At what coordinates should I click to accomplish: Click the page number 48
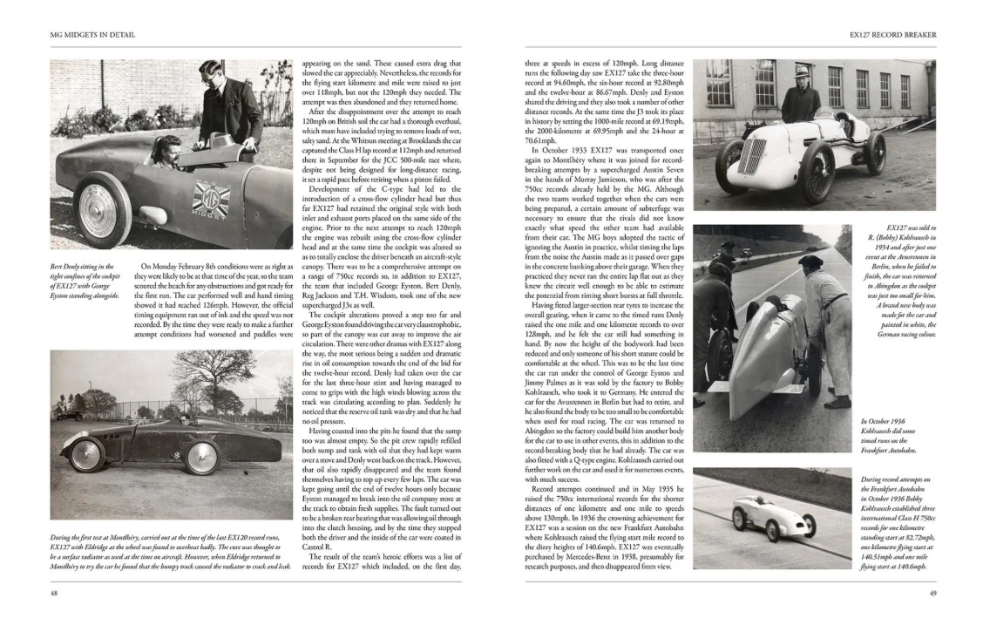coord(54,593)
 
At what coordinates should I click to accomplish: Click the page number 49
coord(932,594)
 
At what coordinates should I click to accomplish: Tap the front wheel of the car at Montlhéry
coord(86,454)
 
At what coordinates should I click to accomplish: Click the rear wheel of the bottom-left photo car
coord(201,456)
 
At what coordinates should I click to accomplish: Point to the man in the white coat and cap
coord(824,323)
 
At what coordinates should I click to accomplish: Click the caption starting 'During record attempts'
coord(898,522)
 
